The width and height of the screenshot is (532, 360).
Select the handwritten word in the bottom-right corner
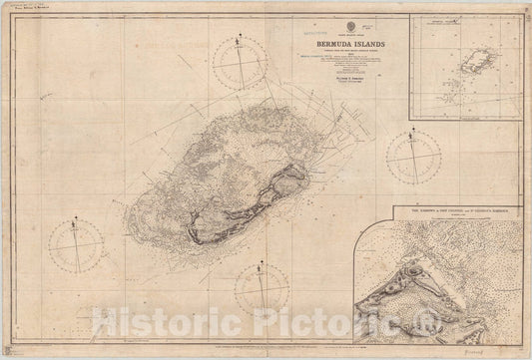(x=504, y=351)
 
